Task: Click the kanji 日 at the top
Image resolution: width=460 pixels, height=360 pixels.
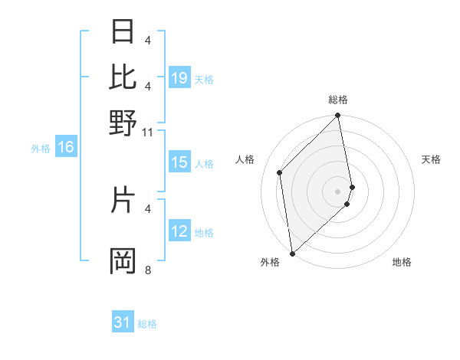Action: [x=123, y=32]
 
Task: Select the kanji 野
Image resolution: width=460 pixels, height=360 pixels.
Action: [x=123, y=123]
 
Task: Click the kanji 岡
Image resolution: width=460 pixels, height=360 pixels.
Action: [x=123, y=261]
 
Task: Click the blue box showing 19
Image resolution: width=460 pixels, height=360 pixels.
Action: [x=179, y=78]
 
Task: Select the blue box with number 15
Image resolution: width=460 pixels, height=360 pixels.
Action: [x=179, y=162]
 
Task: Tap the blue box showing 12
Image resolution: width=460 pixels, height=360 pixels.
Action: [x=179, y=231]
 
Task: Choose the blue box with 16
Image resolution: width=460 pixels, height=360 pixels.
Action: [x=66, y=148]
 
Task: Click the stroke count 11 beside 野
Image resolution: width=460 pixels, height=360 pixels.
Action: [x=147, y=132]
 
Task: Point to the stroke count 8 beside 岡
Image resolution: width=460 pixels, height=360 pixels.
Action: [x=147, y=270]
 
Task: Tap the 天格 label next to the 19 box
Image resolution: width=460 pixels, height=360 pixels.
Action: [x=204, y=79]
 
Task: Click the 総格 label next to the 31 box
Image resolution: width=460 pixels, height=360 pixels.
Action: [x=147, y=324]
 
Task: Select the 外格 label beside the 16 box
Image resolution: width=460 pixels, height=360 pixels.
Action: [x=41, y=149]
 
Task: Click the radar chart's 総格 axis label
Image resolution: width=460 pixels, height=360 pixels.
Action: [x=338, y=100]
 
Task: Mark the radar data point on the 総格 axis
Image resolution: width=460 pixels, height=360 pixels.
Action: [x=338, y=116]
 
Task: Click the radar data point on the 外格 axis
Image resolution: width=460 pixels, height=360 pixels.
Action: [x=292, y=253]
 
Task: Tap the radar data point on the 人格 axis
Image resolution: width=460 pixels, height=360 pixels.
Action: [x=280, y=172]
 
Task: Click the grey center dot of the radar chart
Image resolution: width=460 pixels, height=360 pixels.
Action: [x=338, y=191]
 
